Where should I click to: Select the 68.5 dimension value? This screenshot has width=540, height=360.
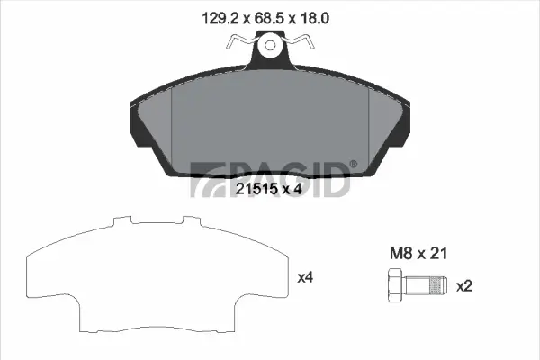click(270, 16)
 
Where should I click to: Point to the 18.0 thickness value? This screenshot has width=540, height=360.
click(326, 16)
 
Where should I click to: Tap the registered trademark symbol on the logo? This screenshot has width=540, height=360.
click(353, 164)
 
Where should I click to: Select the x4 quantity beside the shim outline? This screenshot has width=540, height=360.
click(305, 278)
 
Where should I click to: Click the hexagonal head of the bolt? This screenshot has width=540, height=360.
click(394, 287)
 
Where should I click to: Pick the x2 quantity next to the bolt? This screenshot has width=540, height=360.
click(464, 286)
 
